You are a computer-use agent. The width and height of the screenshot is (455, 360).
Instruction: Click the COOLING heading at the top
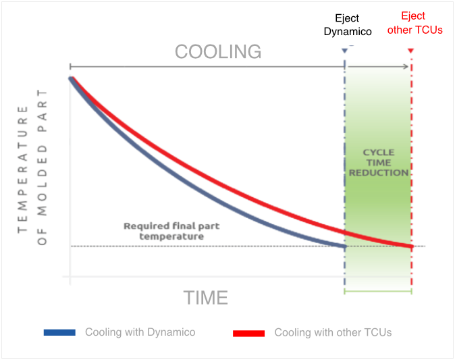[218, 52]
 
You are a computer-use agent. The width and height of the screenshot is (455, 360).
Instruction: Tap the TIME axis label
[206, 298]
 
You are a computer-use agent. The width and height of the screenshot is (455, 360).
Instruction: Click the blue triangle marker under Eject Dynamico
[344, 51]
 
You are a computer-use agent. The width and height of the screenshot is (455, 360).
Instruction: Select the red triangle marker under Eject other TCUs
[410, 51]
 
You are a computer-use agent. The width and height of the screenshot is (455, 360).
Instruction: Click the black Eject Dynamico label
[348, 25]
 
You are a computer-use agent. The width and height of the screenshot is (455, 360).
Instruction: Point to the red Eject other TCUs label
[415, 23]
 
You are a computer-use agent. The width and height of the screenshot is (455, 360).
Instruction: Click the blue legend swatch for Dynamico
[59, 332]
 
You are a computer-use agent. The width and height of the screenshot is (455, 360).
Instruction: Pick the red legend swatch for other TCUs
[248, 333]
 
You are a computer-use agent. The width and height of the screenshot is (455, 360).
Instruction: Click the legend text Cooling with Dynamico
[140, 332]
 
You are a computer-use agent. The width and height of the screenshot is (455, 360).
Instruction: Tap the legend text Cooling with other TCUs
[333, 332]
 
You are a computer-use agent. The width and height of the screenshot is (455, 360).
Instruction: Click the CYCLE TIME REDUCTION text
[379, 163]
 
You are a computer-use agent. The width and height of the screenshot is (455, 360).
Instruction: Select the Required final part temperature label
[171, 231]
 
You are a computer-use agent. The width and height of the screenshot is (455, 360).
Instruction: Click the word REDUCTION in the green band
[379, 173]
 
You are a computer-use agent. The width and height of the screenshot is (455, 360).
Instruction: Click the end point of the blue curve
[345, 247]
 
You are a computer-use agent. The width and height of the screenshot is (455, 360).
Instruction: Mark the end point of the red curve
[412, 247]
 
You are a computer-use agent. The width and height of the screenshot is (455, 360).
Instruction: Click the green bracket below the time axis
[378, 291]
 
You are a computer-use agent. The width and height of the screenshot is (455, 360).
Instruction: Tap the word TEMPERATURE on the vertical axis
[23, 170]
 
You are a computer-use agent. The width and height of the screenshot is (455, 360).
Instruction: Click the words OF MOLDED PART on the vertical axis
[42, 167]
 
